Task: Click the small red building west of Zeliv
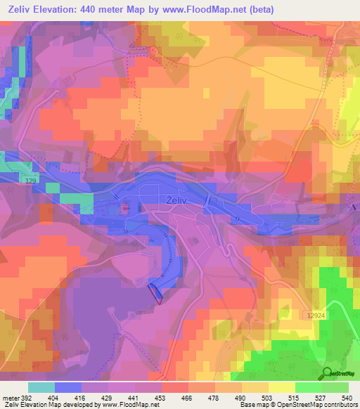(125, 207)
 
